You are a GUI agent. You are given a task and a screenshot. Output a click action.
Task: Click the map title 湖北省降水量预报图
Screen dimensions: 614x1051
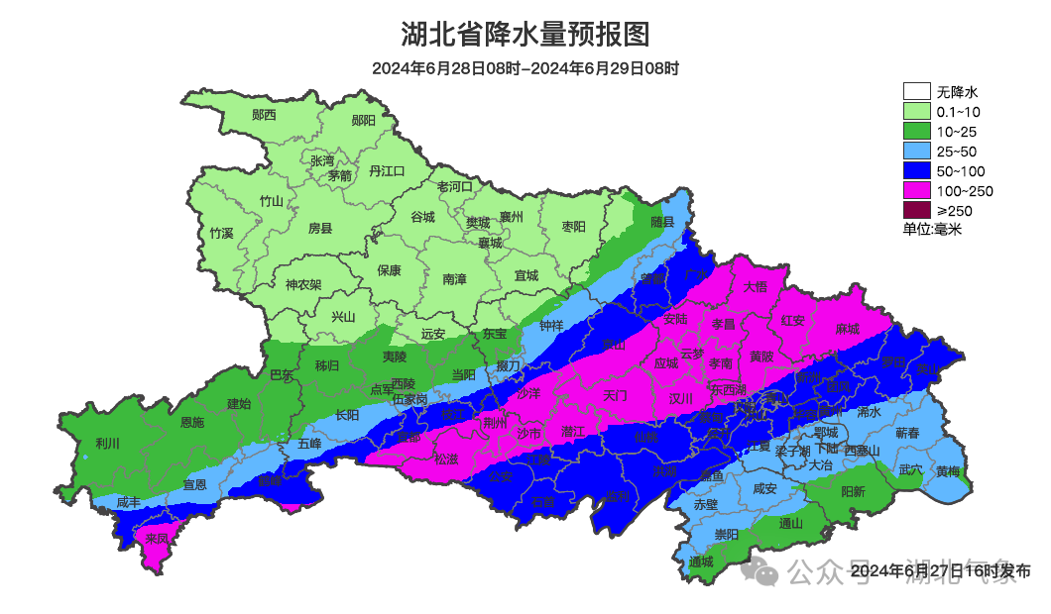[x=525, y=35]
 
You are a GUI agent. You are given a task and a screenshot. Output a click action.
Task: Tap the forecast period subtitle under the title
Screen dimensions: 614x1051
[x=525, y=68]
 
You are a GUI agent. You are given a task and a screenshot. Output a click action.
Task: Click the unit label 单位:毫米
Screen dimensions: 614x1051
[x=932, y=229]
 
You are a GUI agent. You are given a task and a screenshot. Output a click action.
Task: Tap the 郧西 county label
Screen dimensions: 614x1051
[x=264, y=115]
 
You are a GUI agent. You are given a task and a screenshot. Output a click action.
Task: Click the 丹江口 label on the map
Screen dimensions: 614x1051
[x=387, y=170]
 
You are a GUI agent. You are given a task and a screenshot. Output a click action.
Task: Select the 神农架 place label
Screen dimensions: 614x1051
[x=303, y=284]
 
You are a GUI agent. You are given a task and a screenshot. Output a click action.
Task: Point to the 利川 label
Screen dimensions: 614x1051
[x=107, y=443]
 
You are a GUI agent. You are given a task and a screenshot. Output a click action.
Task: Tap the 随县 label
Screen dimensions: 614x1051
[x=662, y=223]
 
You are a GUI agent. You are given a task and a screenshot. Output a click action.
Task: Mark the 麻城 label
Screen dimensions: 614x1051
[x=847, y=328]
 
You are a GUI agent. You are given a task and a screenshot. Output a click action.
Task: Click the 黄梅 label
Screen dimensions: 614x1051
[x=948, y=471]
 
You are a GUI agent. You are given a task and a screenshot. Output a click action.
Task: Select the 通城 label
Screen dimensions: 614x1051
[x=701, y=563]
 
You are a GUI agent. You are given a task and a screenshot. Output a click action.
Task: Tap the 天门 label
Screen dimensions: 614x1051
[x=615, y=395]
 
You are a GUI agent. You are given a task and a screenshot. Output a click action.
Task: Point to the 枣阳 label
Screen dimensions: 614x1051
[x=573, y=227]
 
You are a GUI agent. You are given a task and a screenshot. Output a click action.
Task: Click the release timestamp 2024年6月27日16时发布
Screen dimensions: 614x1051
[x=940, y=571]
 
